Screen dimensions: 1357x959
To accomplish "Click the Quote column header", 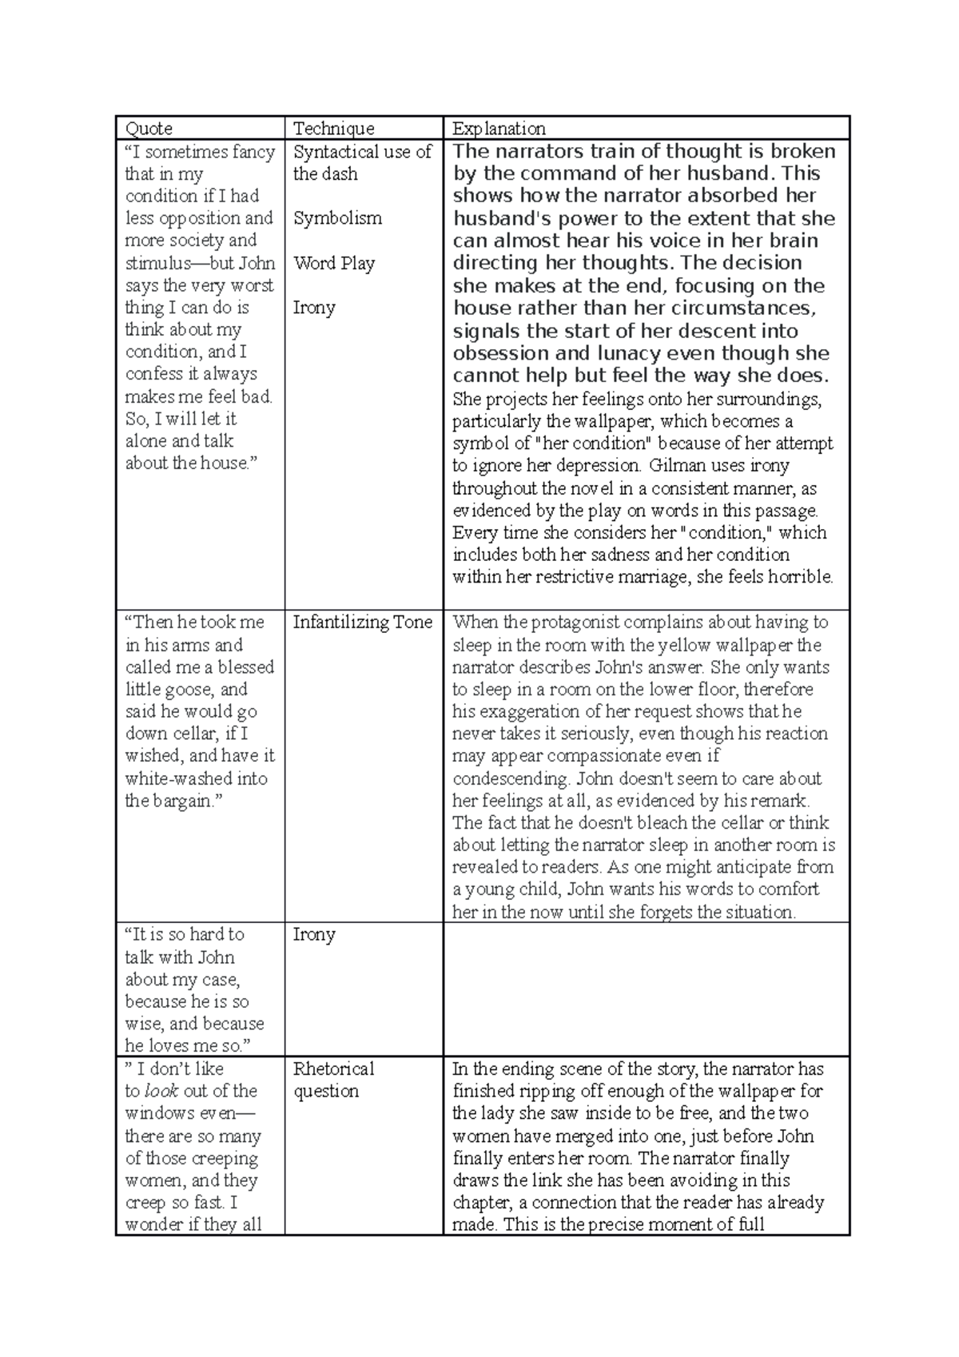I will [149, 129].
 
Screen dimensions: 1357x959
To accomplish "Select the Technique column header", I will [333, 129].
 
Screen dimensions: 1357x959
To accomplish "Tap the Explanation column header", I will [499, 129].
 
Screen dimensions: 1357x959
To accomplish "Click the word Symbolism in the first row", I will [337, 218].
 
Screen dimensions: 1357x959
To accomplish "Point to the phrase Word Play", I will [333, 263].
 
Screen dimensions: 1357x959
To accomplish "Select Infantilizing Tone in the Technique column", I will [362, 623].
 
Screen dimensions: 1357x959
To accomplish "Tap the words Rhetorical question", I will [333, 1080].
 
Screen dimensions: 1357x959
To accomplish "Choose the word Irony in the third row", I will [313, 934].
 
